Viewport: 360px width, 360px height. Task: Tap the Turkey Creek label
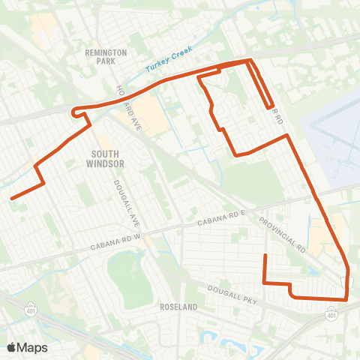[169, 59]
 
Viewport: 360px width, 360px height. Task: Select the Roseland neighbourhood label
[178, 307]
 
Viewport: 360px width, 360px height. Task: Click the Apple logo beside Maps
[12, 347]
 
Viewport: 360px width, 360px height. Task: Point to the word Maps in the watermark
[32, 347]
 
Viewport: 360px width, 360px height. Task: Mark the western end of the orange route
[11, 198]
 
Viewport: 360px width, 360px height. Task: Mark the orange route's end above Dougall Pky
[265, 256]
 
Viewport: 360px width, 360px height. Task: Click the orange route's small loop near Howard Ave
[74, 113]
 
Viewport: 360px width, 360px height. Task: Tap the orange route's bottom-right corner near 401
[346, 298]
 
